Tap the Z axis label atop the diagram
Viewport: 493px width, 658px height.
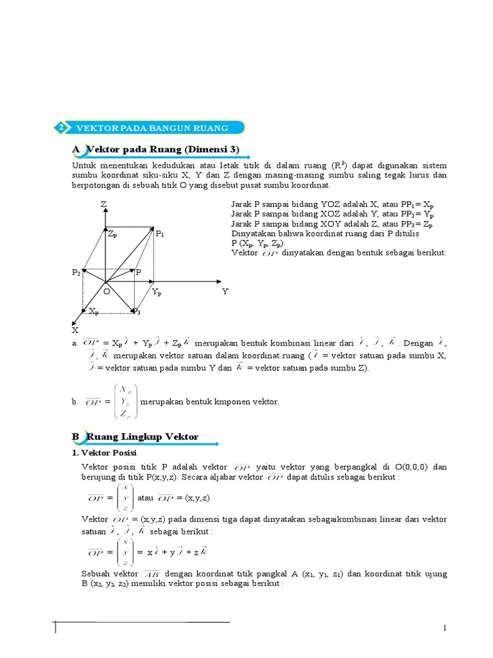pyautogui.click(x=103, y=204)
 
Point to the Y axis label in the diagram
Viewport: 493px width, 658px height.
pyautogui.click(x=225, y=291)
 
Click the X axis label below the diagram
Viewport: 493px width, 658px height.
pyautogui.click(x=74, y=330)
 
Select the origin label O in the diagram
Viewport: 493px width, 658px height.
pyautogui.click(x=107, y=291)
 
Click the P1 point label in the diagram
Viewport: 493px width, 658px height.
pyautogui.click(x=160, y=235)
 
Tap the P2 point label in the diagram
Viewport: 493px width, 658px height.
pyautogui.click(x=76, y=272)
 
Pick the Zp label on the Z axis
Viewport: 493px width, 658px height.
pyautogui.click(x=112, y=235)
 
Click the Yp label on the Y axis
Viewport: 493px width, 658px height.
pyautogui.click(x=157, y=292)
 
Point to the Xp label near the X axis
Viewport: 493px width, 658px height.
pyautogui.click(x=94, y=311)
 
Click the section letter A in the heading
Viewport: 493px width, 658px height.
pyautogui.click(x=76, y=150)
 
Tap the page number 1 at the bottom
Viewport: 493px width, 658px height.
pyautogui.click(x=444, y=627)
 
